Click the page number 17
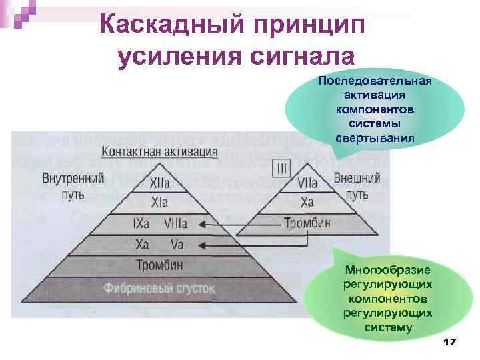point(448,342)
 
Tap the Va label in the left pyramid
point(177,244)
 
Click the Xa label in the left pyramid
point(142,244)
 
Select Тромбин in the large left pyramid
point(159,265)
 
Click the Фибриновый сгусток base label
point(159,288)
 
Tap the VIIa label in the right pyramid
point(307,182)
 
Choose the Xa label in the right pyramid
point(307,202)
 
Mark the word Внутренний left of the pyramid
point(73,179)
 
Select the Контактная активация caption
point(160,151)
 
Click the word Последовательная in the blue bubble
point(375,81)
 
